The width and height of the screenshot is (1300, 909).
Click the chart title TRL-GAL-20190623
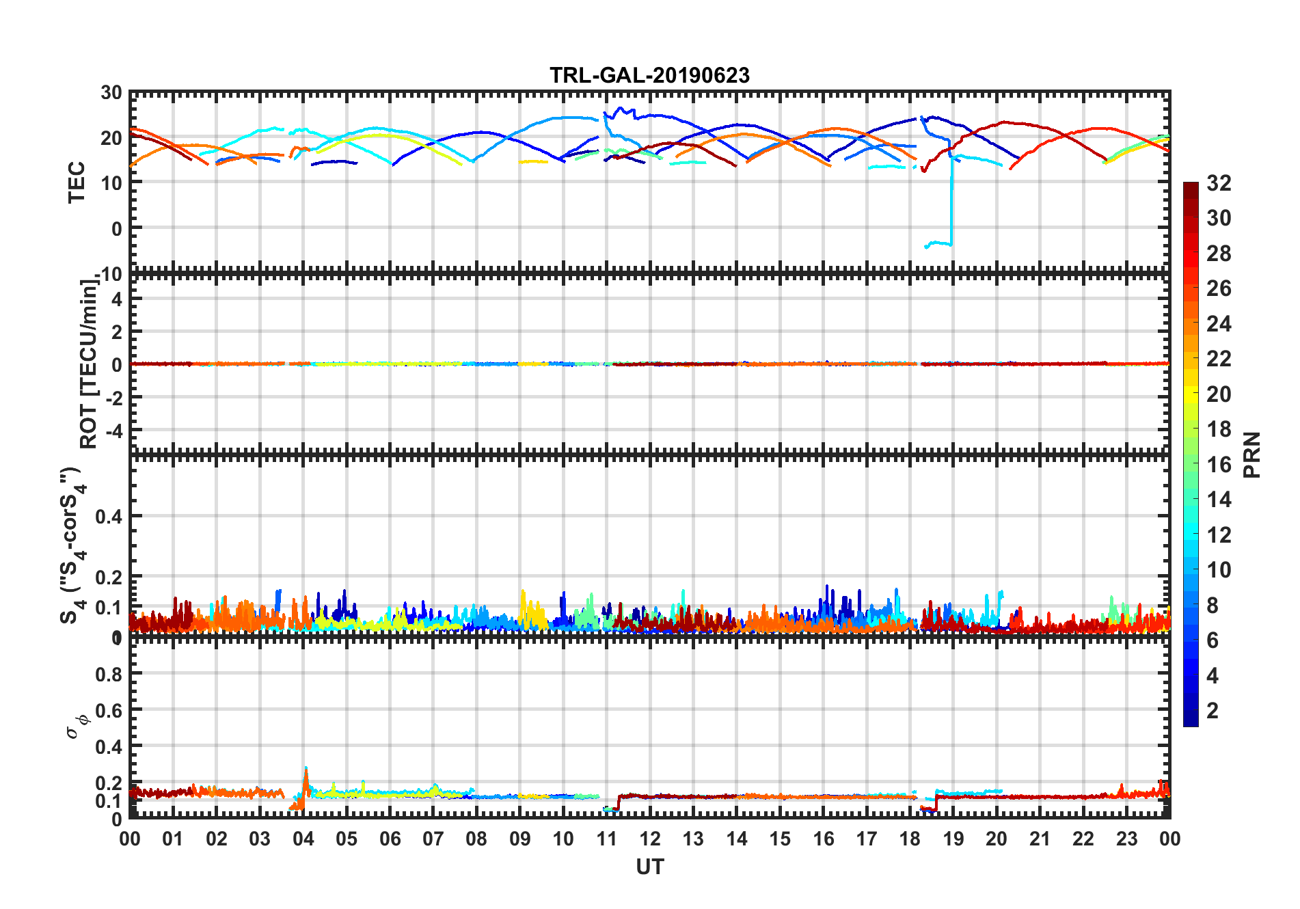click(x=649, y=75)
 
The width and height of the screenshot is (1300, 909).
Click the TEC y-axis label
click(x=77, y=182)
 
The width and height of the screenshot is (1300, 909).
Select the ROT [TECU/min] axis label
click(x=89, y=364)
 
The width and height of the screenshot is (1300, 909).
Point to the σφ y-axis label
click(x=77, y=726)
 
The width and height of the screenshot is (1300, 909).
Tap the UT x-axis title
click(x=649, y=867)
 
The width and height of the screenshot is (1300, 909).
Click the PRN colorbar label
click(x=1252, y=454)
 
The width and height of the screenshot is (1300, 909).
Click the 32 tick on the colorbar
click(x=1219, y=183)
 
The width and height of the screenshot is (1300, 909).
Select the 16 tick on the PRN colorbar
click(x=1219, y=465)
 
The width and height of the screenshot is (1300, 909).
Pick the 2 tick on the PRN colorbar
click(x=1213, y=711)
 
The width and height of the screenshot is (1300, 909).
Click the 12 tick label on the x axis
click(x=650, y=839)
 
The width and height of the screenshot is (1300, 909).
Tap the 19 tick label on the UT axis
click(x=953, y=839)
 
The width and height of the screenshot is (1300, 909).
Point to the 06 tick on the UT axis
click(x=390, y=839)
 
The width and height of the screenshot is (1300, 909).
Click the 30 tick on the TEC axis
click(x=111, y=93)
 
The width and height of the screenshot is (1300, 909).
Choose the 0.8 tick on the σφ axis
click(x=109, y=674)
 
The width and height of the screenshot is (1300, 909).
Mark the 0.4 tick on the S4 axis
click(x=109, y=517)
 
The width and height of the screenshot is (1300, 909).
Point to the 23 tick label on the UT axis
click(x=1126, y=839)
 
